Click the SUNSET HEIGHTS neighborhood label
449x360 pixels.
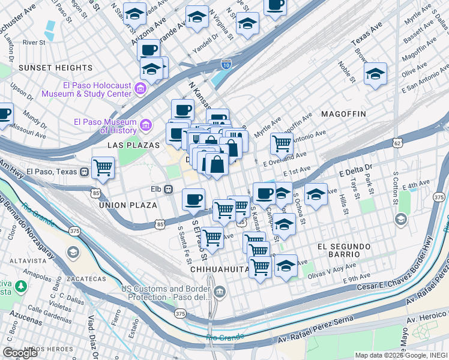pos(55,68)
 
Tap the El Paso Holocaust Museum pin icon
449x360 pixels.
pos(140,90)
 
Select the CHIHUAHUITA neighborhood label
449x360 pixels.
pos(220,269)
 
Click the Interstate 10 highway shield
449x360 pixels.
pos(226,64)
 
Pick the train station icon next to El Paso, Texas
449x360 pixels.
pos(84,172)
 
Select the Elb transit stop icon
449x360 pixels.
pos(169,190)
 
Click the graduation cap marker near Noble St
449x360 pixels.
pos(375,73)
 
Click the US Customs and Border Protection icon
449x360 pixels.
pos(220,293)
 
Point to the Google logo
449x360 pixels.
pos(20,353)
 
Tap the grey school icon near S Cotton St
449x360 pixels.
pos(400,220)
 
